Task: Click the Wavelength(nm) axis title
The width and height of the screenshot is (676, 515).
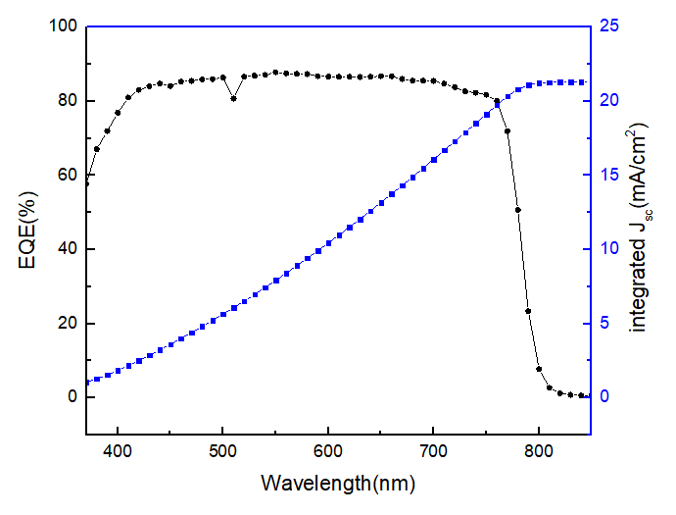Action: pyautogui.click(x=338, y=484)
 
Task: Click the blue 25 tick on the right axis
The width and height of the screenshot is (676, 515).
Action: pyautogui.click(x=609, y=26)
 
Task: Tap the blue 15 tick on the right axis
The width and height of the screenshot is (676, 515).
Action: pyautogui.click(x=609, y=175)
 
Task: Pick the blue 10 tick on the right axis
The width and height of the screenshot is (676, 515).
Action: pyautogui.click(x=609, y=249)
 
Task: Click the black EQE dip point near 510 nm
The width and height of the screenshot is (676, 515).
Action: pyautogui.click(x=233, y=98)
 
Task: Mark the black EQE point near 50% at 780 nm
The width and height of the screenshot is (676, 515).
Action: pyautogui.click(x=517, y=210)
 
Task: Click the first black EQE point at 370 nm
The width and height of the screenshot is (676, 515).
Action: pyautogui.click(x=86, y=182)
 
